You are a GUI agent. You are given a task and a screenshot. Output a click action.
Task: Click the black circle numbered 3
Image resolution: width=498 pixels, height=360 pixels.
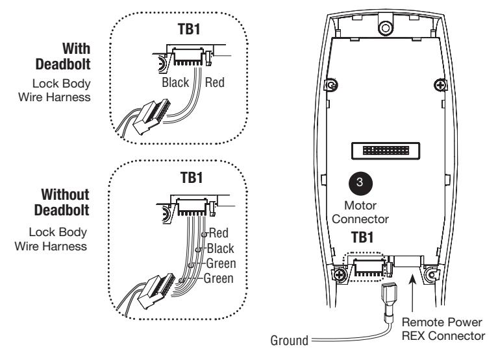[x=360, y=182]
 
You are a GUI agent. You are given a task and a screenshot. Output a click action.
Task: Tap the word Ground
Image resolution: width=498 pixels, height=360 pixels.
[x=290, y=341]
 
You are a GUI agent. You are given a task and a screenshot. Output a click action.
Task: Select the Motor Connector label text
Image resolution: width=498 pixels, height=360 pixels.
[x=360, y=212]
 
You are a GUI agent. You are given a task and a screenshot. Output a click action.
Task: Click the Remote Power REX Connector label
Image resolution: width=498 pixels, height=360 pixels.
[x=443, y=329]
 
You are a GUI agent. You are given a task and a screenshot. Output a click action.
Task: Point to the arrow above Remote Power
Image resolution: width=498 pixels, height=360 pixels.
[x=412, y=293]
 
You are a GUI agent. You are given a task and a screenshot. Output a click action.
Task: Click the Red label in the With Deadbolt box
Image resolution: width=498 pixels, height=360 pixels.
[x=215, y=82]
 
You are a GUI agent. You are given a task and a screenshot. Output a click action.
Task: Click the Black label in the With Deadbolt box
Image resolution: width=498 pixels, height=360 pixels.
[x=175, y=82]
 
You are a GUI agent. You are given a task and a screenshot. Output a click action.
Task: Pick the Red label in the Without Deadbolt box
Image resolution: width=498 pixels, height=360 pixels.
[x=219, y=233]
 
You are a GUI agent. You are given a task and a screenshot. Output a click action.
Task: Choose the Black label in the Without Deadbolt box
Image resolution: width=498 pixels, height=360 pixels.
[x=220, y=248]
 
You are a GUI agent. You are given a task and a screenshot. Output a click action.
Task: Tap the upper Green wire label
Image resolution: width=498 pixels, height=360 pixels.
[x=221, y=263]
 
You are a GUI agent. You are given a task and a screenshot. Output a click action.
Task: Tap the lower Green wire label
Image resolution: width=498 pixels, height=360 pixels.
[x=219, y=278]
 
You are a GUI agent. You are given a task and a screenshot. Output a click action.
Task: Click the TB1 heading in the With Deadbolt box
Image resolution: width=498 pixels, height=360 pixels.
[x=190, y=29]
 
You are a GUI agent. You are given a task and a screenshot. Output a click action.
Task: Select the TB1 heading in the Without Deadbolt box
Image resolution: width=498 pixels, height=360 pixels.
[x=192, y=177]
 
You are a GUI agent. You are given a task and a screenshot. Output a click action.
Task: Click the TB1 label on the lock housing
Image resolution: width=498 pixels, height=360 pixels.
[x=362, y=237]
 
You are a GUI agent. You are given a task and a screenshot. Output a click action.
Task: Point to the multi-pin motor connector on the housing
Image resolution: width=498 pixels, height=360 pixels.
[x=386, y=150]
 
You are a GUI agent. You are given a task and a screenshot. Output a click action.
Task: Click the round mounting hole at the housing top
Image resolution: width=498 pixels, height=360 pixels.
[x=386, y=28]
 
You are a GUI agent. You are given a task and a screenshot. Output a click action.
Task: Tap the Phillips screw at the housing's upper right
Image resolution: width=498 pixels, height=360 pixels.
[x=440, y=85]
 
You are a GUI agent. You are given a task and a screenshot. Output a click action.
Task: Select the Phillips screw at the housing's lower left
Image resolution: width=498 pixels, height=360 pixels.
[x=339, y=274]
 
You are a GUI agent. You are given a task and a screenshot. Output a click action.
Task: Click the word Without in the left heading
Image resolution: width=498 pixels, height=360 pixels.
[x=65, y=195]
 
